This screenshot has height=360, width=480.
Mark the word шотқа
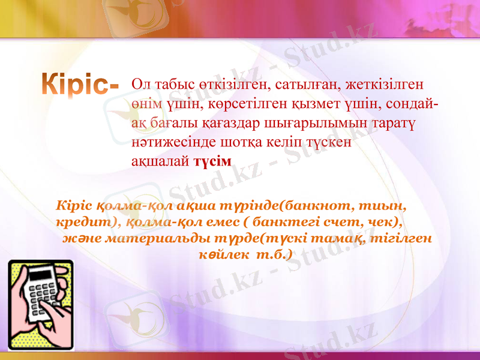coord(227,143)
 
